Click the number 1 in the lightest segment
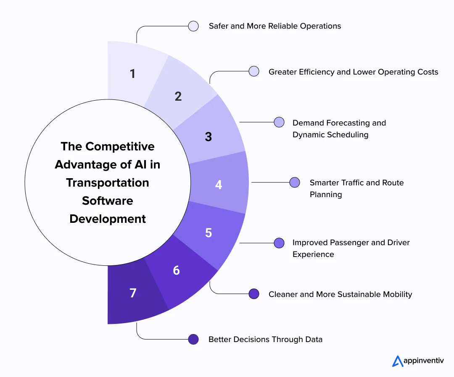tap(133, 74)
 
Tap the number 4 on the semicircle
tap(219, 184)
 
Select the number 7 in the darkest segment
tap(133, 293)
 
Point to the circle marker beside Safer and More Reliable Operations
tap(193, 26)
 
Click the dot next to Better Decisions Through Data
tap(193, 339)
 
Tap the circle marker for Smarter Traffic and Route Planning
tap(295, 182)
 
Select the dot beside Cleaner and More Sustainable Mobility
tap(253, 294)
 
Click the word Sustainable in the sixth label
tap(356, 294)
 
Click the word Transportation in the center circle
tap(108, 183)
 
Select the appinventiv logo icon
tap(397, 361)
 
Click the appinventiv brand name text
tap(424, 361)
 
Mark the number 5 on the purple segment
tap(209, 233)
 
